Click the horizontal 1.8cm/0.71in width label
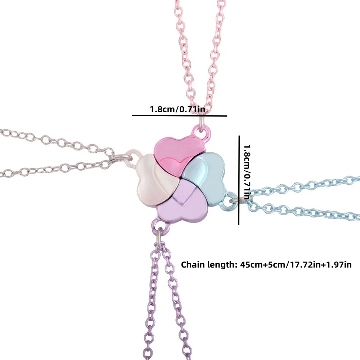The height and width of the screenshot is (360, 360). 177,109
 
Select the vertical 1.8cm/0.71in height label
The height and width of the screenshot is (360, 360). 247,172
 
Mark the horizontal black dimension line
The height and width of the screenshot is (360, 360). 180,116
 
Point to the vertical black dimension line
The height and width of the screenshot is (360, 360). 239,180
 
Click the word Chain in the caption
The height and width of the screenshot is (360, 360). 193,265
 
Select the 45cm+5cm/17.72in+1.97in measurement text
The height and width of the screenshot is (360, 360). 296,265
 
